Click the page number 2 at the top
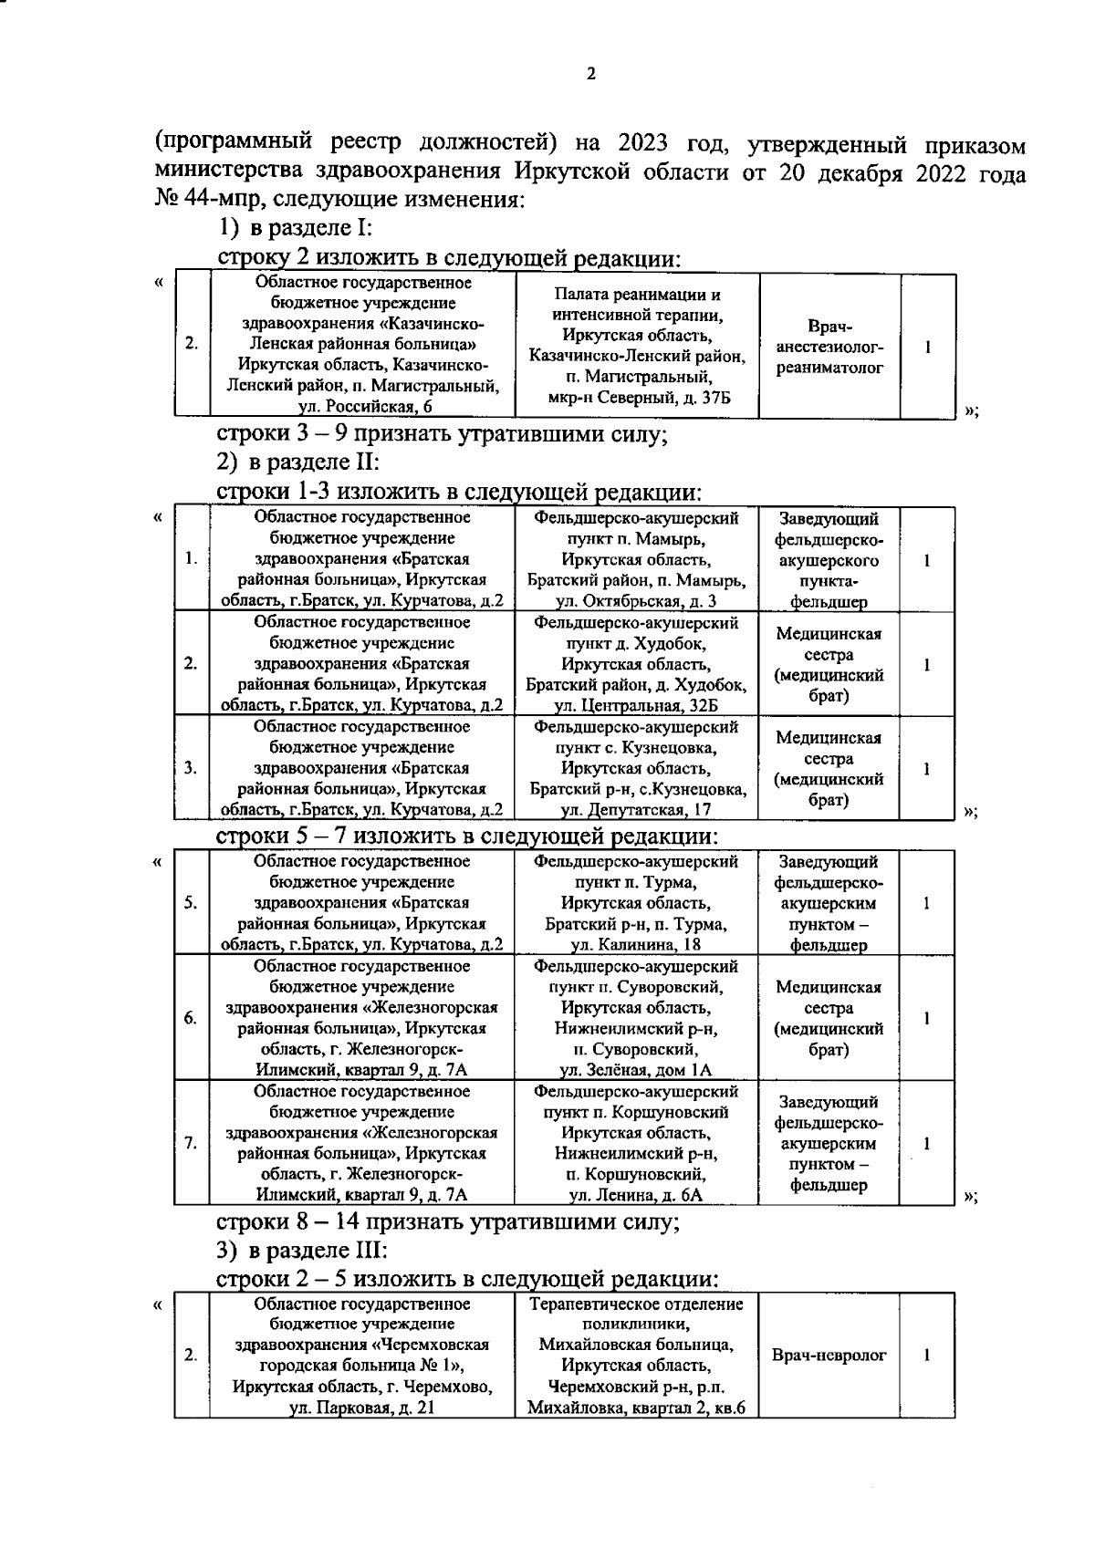point(590,75)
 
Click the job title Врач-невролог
point(829,1356)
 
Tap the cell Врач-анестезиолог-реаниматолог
point(829,348)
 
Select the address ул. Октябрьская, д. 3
point(636,601)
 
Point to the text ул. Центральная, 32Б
point(636,705)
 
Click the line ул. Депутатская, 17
point(636,809)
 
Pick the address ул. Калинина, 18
point(636,944)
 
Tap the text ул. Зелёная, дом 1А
point(636,1070)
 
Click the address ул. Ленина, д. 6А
point(636,1194)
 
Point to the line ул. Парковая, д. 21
point(361,1408)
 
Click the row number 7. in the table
point(191,1143)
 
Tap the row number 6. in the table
point(191,1018)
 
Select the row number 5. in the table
point(191,903)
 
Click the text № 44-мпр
point(198,199)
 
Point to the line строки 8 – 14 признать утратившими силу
point(447,1221)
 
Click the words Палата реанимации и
point(638,296)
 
